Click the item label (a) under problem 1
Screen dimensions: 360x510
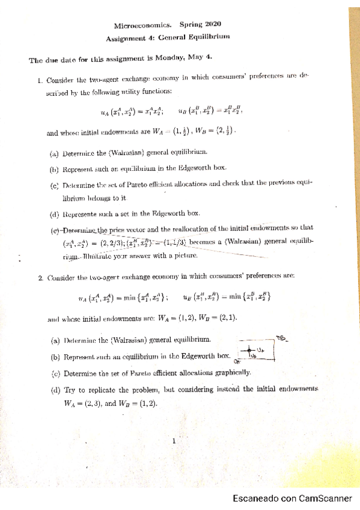[x=55, y=153]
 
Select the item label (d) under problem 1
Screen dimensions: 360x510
[x=55, y=213]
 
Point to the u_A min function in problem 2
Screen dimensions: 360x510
[x=123, y=296]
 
